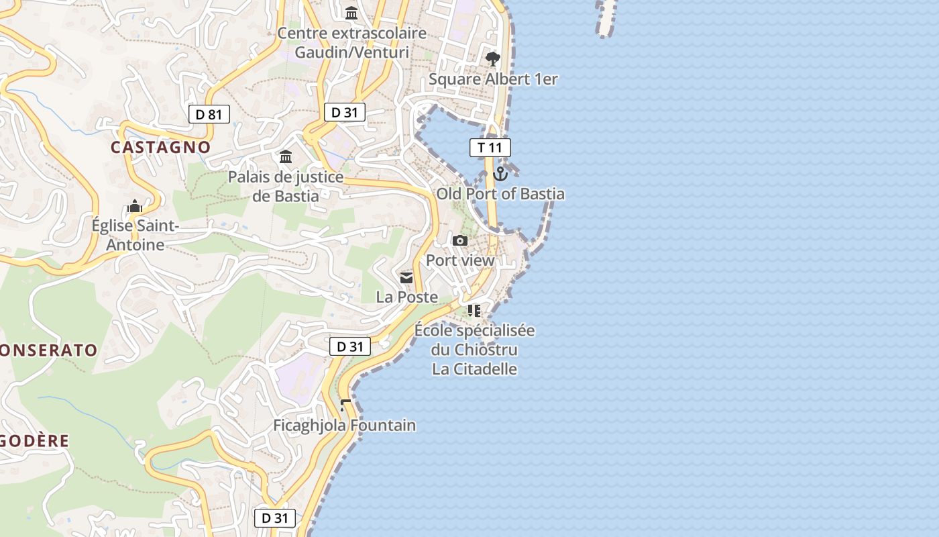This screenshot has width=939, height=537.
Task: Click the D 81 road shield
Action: pyautogui.click(x=209, y=114)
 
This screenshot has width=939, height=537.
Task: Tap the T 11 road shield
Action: pyautogui.click(x=490, y=148)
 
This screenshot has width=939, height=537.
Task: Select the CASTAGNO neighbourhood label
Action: pyautogui.click(x=161, y=147)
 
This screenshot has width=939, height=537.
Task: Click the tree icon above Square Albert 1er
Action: pyautogui.click(x=493, y=59)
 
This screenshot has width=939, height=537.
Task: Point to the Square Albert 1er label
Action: pyautogui.click(x=493, y=79)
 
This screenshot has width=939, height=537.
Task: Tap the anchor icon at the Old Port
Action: pyautogui.click(x=500, y=174)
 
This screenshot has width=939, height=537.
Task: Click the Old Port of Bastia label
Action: pyautogui.click(x=500, y=194)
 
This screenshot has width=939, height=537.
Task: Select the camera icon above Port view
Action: pyautogui.click(x=460, y=240)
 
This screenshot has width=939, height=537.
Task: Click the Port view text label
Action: pyautogui.click(x=460, y=260)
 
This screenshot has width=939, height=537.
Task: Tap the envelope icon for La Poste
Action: pyautogui.click(x=406, y=277)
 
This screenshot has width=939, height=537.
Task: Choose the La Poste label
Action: pyautogui.click(x=406, y=297)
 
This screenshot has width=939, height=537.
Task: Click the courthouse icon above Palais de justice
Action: pyautogui.click(x=286, y=157)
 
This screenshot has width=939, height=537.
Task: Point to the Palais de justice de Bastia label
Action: pyautogui.click(x=286, y=187)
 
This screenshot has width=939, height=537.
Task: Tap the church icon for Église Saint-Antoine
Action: pyautogui.click(x=135, y=205)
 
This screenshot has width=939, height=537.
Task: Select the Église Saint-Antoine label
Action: pyautogui.click(x=135, y=235)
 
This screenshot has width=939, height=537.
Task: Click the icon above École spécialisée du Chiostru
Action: pyautogui.click(x=474, y=310)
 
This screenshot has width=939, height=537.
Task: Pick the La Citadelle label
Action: pyautogui.click(x=474, y=369)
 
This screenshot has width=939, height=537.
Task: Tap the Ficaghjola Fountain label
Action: pyautogui.click(x=344, y=425)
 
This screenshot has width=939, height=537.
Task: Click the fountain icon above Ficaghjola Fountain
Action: pyautogui.click(x=345, y=405)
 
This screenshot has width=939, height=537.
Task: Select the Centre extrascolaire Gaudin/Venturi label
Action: pyautogui.click(x=351, y=42)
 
